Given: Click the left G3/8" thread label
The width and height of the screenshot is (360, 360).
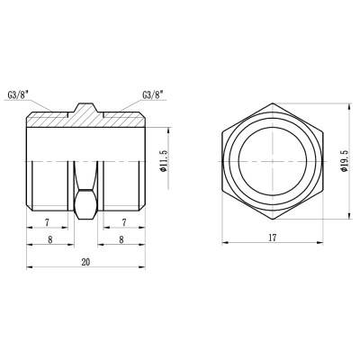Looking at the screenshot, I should click(41, 93).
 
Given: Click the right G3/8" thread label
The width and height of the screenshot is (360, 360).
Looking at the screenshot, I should click(155, 93).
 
